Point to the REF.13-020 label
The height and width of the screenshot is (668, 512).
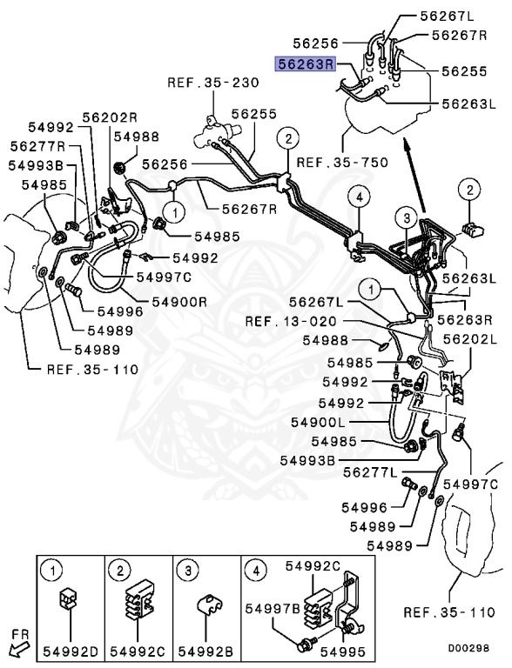285,321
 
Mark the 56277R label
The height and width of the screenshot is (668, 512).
38,146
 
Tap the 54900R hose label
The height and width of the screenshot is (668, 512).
179,301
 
